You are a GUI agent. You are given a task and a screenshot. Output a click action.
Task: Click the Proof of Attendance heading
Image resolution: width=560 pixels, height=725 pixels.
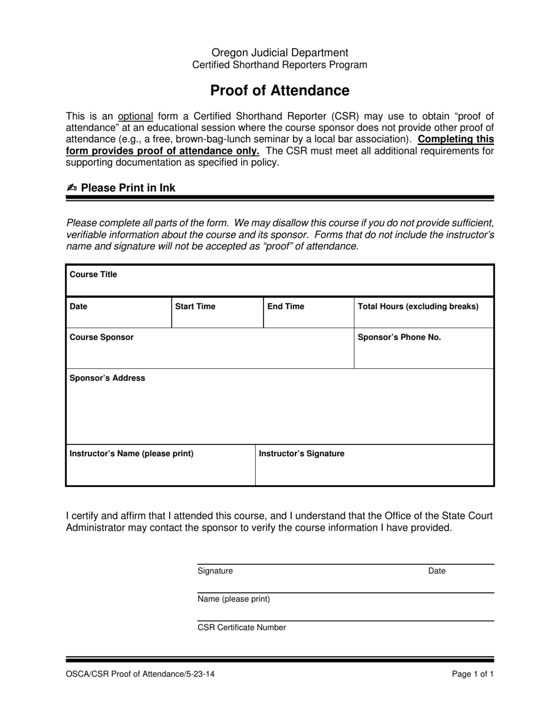(279, 90)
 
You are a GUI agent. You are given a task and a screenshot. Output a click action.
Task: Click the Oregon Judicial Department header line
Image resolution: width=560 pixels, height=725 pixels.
(279, 52)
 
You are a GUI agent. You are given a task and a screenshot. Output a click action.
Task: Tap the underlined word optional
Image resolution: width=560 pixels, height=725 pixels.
(136, 116)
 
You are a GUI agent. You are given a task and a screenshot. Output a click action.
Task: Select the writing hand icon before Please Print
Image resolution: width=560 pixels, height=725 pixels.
(72, 188)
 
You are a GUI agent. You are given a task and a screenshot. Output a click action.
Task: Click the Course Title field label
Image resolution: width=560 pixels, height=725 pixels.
(93, 275)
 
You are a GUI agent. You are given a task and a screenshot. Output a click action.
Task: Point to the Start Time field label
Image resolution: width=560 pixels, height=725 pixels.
(195, 307)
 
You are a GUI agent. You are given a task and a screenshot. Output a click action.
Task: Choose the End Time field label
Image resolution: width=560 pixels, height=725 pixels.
(286, 307)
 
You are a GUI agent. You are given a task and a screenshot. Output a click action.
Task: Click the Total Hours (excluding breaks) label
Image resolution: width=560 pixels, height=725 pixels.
(418, 307)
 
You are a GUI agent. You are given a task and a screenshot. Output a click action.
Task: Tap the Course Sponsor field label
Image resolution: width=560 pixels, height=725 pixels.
(101, 337)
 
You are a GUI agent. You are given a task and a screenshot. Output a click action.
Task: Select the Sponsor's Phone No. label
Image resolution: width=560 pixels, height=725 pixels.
(399, 337)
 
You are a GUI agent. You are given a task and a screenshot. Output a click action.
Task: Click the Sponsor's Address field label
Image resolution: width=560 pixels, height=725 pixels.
(107, 378)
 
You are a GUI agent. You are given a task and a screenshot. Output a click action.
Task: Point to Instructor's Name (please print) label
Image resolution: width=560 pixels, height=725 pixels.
(131, 453)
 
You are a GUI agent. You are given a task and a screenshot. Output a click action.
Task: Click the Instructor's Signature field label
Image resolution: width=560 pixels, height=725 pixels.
(302, 453)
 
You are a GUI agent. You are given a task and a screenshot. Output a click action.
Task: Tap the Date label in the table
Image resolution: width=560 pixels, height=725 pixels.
(78, 307)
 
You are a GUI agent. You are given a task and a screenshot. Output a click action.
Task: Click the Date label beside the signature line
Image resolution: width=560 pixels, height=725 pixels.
(436, 571)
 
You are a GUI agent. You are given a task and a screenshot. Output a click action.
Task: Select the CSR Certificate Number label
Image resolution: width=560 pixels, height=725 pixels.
(242, 627)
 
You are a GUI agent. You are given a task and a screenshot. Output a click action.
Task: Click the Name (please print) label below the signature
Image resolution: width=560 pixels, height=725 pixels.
(233, 599)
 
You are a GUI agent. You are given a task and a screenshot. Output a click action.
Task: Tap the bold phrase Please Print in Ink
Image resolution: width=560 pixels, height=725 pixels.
(128, 188)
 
